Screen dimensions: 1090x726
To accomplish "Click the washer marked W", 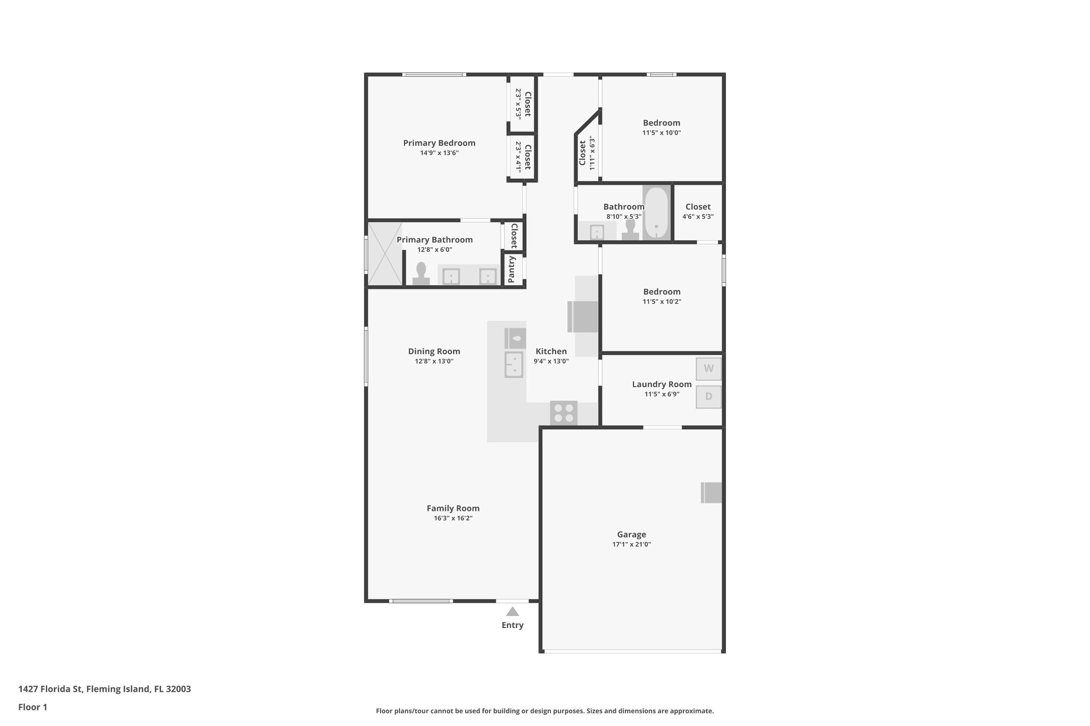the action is pos(708,369).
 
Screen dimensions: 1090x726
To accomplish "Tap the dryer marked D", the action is pos(708,397).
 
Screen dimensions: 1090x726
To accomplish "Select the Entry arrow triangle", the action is pos(512,612).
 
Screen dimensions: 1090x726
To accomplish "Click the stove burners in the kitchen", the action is pos(564,413).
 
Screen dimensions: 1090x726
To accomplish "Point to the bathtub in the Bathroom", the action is pos(656,213).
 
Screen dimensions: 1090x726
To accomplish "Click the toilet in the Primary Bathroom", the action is pos(421,273).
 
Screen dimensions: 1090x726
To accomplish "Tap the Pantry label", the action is pos(511,269).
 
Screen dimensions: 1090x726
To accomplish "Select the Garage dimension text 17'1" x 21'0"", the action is pos(632,544).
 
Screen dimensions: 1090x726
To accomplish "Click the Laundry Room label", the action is pos(662,384).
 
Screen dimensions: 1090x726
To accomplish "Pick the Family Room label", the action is pos(453,508).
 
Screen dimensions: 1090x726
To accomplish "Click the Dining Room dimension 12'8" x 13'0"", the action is pos(434,361).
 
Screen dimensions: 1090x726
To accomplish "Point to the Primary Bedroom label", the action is pos(439,143).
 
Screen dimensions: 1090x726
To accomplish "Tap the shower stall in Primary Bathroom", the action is pos(385,254).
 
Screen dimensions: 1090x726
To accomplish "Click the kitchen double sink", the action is pos(515,364).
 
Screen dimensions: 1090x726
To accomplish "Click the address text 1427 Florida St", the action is pos(50,689).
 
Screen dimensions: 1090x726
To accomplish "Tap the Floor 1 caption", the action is pos(32,707).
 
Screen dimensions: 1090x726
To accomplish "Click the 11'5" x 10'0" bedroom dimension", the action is pos(662,132).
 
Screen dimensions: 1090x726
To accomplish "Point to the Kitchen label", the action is pos(551,351).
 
